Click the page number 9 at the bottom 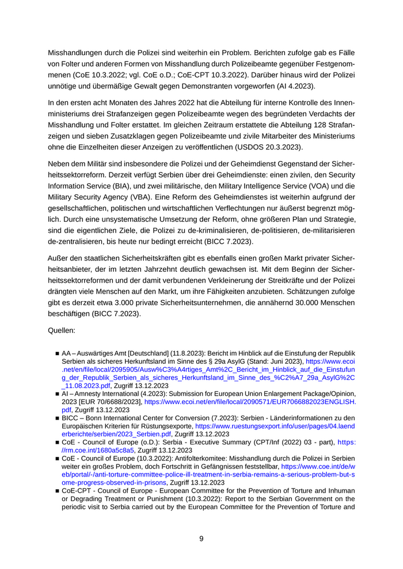pos(201,539)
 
